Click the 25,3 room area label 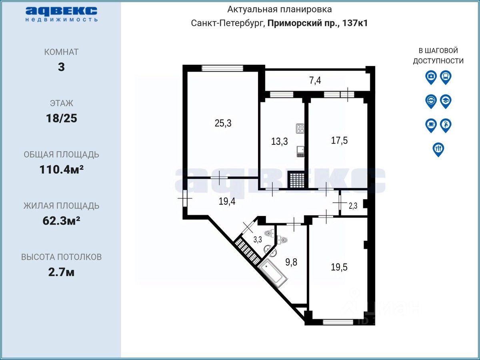(223, 123)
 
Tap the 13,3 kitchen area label (280, 142)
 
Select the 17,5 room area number (339, 140)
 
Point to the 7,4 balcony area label (315, 80)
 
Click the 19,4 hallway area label (227, 201)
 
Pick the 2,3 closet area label (353, 206)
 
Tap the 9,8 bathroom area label (291, 262)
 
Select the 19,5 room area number (339, 267)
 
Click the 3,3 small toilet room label (258, 240)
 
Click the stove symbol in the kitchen (300, 128)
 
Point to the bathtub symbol (273, 273)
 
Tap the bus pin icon (446, 77)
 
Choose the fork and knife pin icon (438, 150)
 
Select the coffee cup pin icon (431, 126)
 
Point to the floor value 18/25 (62, 118)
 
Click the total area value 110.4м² (62, 169)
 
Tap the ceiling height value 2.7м (62, 272)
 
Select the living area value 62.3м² (62, 221)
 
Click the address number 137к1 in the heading (355, 23)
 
